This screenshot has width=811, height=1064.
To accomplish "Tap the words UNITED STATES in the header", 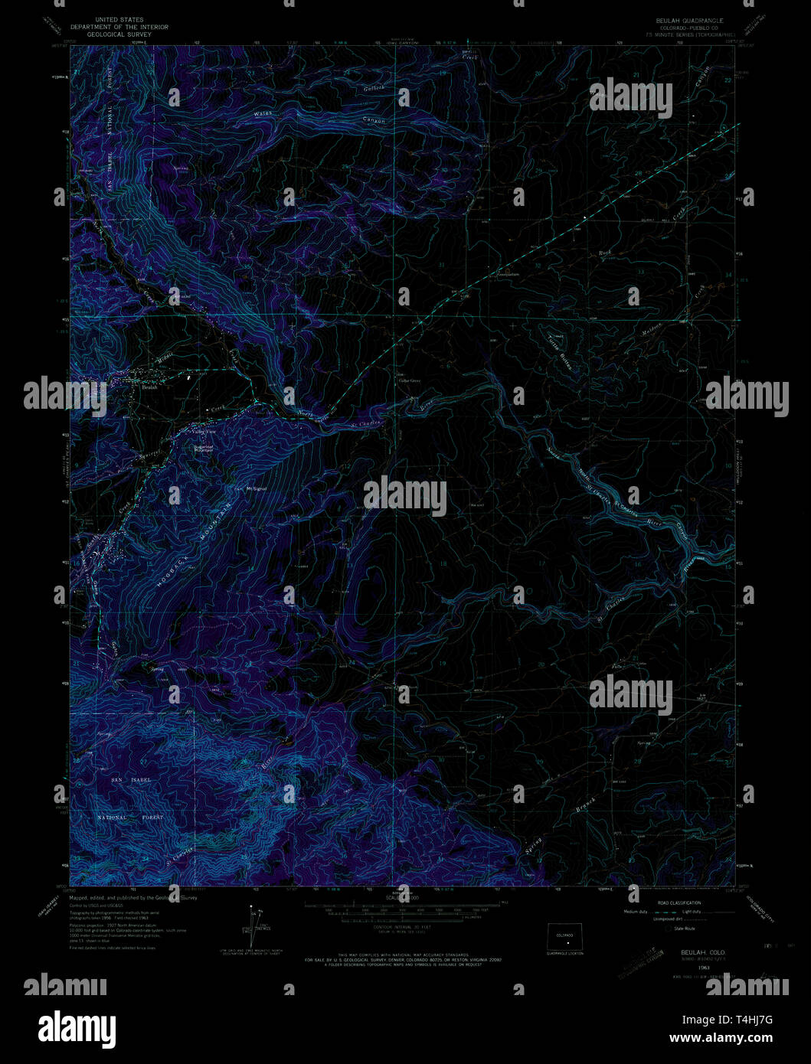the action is click(118, 20).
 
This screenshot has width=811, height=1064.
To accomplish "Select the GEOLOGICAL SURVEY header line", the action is click(118, 34).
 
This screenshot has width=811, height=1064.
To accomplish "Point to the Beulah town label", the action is click(149, 387).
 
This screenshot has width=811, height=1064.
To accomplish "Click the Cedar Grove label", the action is click(410, 380).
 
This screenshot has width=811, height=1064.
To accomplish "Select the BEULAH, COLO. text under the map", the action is click(699, 951).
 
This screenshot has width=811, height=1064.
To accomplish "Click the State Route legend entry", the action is click(685, 929).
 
